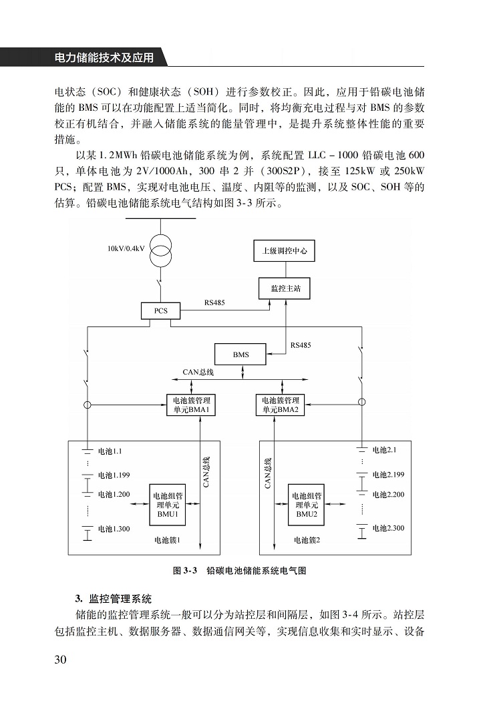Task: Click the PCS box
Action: click(x=160, y=310)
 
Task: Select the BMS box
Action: click(x=240, y=355)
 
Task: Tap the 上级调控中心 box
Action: click(x=284, y=251)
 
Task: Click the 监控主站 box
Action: click(x=285, y=288)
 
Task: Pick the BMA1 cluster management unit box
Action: click(x=191, y=405)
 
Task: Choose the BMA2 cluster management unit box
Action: click(x=280, y=405)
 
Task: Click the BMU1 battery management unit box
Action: click(x=167, y=505)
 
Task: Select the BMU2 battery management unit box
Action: click(x=307, y=505)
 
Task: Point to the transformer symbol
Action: click(x=160, y=250)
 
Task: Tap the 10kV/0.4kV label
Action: click(x=126, y=248)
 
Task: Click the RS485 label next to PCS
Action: click(x=214, y=302)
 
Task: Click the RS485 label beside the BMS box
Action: click(x=300, y=345)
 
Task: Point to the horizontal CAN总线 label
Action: click(x=198, y=373)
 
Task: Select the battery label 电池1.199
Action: click(x=114, y=475)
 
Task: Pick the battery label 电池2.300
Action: click(x=388, y=528)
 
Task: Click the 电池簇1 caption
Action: click(x=167, y=540)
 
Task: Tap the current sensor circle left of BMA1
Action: click(x=88, y=405)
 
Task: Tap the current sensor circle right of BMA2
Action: click(x=362, y=402)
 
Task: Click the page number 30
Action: click(x=60, y=660)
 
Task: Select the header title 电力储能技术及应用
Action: click(x=104, y=57)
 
